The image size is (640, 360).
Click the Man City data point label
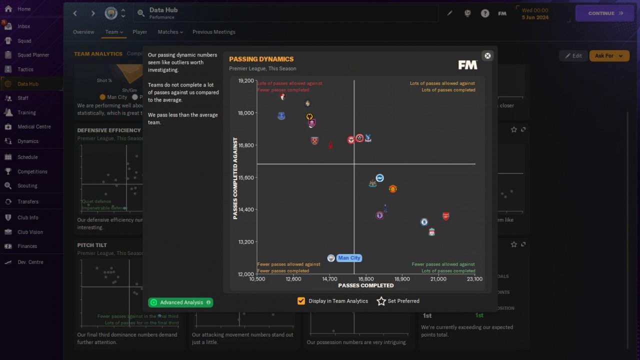point(348,258)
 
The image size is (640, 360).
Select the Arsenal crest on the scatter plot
point(445,216)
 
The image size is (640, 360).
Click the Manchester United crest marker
point(393,189)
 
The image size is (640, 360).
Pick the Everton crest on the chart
point(281,116)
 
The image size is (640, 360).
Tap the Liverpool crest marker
point(432,232)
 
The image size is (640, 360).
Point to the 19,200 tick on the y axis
point(246,80)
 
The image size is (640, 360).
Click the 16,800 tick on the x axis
point(365,279)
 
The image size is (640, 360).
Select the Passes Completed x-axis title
point(366,285)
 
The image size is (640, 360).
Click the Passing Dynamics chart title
point(261,59)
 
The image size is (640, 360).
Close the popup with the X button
point(487,55)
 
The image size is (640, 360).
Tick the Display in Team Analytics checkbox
point(301,301)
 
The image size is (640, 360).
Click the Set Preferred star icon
point(381,301)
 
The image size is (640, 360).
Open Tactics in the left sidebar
point(25,69)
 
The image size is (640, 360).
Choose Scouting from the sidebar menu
point(27,185)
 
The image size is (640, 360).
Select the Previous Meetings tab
point(213,32)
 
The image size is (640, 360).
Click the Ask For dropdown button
point(609,55)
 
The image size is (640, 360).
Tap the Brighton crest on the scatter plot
point(379,178)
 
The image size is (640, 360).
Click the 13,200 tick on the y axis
point(246,242)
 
